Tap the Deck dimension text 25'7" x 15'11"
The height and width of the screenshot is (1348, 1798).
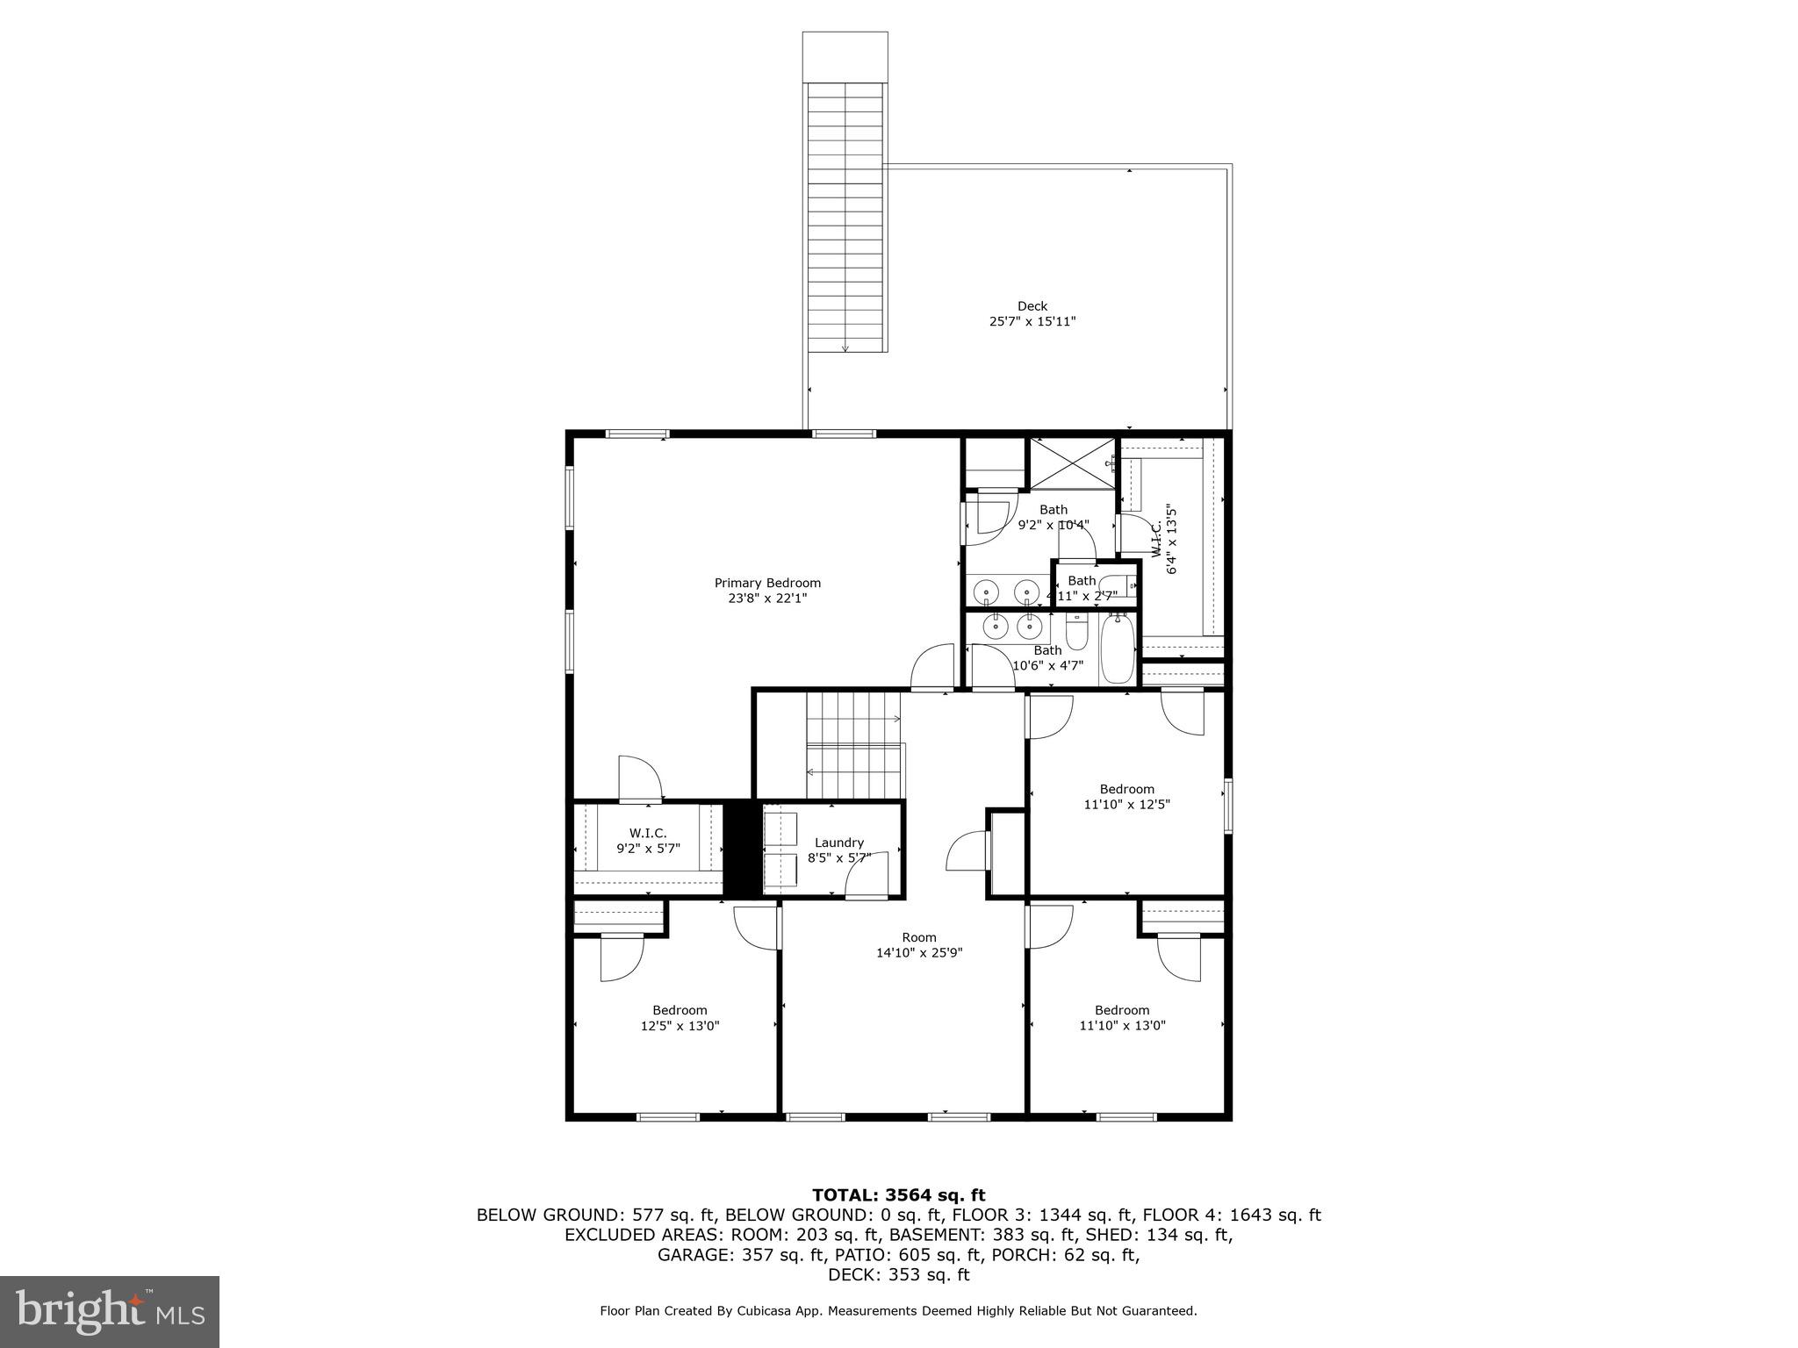point(1032,322)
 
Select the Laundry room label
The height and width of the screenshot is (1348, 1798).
point(838,842)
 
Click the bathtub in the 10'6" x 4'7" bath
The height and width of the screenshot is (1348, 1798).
point(1118,650)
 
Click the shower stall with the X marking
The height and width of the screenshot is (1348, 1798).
point(1071,463)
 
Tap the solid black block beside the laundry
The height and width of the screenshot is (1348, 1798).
point(739,849)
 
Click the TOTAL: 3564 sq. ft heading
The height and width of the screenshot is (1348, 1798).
point(898,1195)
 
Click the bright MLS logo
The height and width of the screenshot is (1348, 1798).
point(110,1310)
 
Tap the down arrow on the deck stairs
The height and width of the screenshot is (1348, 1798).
point(845,348)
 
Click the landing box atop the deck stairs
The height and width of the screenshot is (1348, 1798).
point(845,57)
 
